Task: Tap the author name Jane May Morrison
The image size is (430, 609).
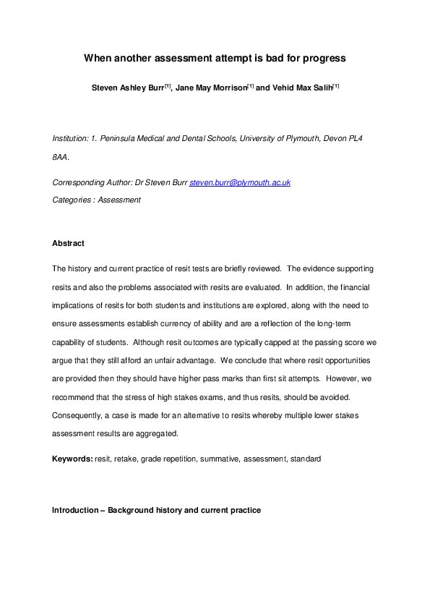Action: (x=211, y=88)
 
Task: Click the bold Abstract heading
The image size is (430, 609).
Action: (x=68, y=244)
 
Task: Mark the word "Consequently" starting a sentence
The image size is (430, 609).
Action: (x=78, y=415)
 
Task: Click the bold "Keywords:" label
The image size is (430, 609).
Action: (x=72, y=459)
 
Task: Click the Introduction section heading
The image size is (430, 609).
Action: (x=156, y=510)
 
